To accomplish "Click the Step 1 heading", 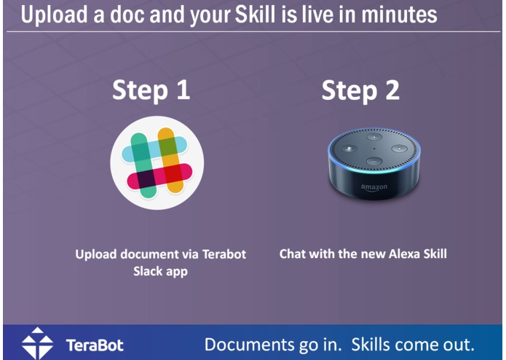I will [x=151, y=90].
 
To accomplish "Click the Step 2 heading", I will [x=360, y=90].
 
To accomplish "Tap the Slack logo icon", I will [x=157, y=160].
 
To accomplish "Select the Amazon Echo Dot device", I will [x=372, y=165].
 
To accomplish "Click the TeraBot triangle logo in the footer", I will [x=37, y=343].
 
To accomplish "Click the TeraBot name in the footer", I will [x=95, y=345].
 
